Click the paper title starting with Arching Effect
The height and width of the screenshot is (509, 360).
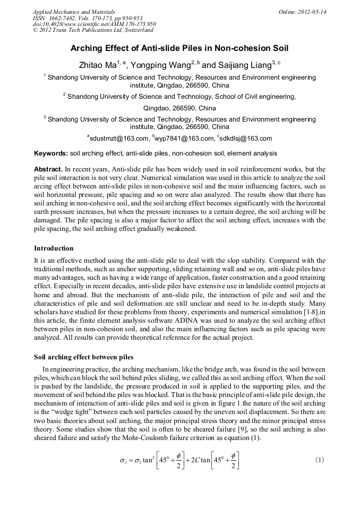pos(179,48)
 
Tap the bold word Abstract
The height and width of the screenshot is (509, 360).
pos(49,169)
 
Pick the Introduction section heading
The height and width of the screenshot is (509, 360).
pos(54,248)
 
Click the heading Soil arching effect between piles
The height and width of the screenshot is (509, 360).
pos(83,357)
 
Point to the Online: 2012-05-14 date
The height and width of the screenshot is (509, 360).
pos(302,12)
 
